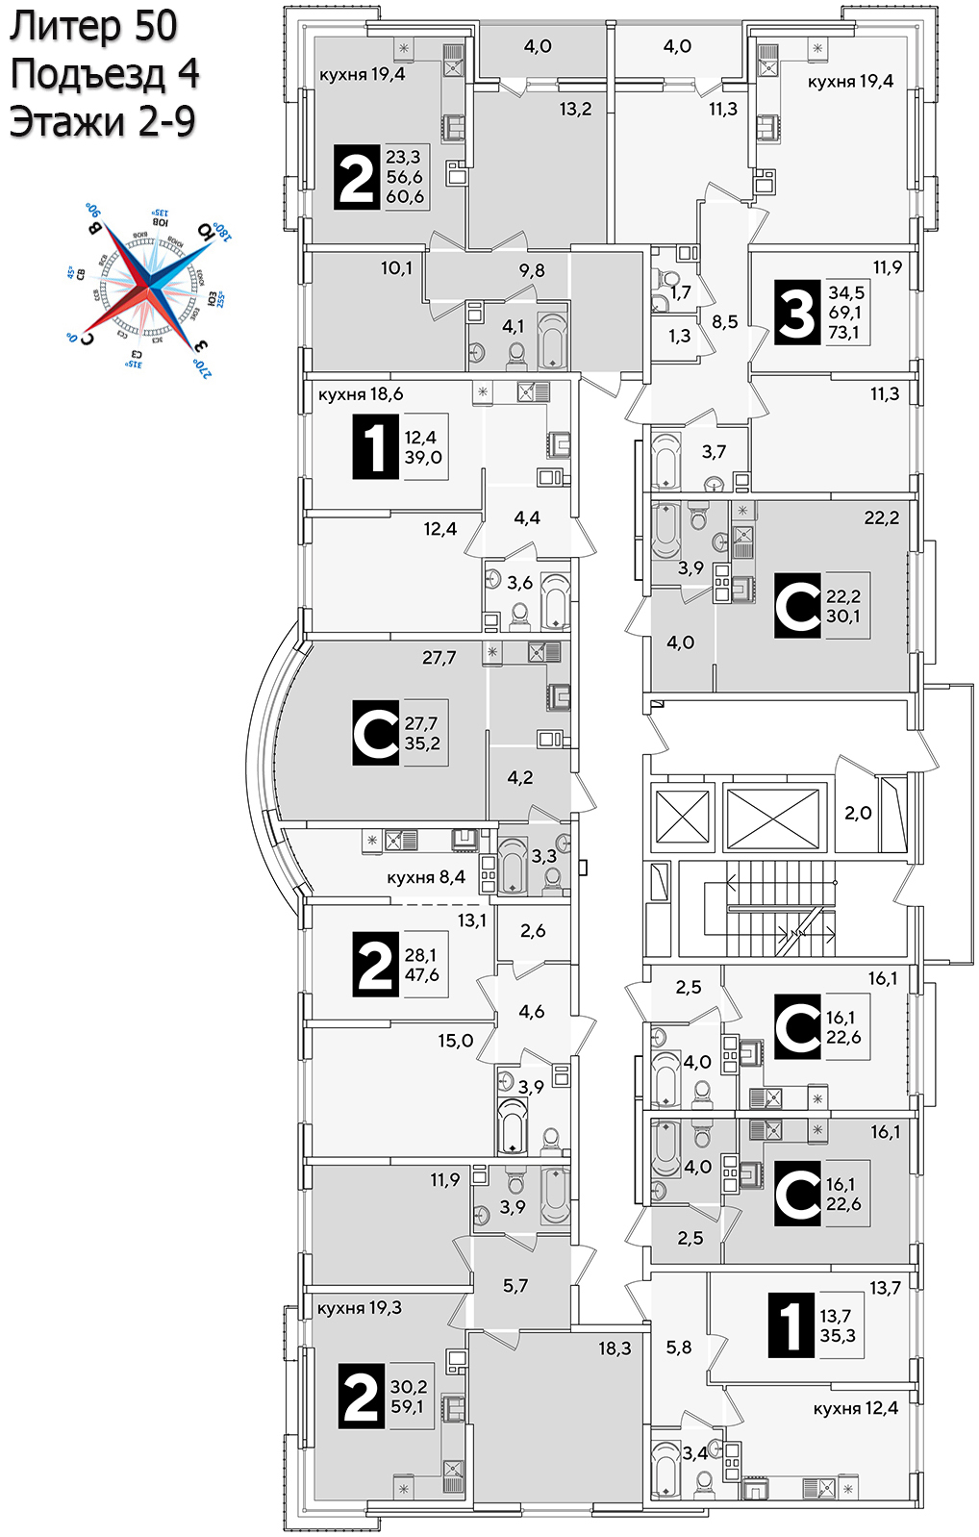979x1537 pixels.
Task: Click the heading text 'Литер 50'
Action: point(93,26)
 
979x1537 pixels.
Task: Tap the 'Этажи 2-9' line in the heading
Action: point(102,122)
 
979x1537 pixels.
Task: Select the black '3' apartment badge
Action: point(796,312)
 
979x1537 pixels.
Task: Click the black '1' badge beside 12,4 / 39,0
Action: point(375,446)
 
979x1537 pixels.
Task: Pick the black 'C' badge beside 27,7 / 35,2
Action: point(375,734)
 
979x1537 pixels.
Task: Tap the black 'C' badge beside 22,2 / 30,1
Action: point(798,606)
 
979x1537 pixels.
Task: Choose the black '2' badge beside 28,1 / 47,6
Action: point(375,965)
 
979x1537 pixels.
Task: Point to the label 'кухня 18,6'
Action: point(361,394)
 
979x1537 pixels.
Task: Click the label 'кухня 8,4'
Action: point(426,877)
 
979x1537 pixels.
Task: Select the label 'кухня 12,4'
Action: point(855,1408)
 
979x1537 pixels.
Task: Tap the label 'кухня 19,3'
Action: point(360,1308)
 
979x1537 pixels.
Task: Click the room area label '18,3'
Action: point(615,1348)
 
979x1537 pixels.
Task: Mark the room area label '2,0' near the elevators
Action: point(858,813)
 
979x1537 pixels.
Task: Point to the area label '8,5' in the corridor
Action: point(725,321)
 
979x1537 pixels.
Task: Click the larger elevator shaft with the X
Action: point(773,819)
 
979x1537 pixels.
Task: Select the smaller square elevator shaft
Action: point(682,819)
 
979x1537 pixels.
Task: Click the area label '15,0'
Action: point(455,1041)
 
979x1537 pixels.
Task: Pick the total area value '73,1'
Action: point(843,333)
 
